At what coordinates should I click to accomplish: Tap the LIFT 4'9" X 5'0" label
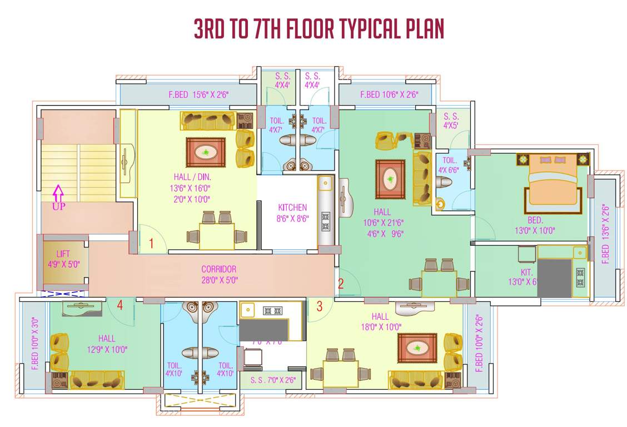(x=64, y=259)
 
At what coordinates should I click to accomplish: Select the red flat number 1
(x=151, y=243)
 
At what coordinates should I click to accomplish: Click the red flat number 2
(x=341, y=283)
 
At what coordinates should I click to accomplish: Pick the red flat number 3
(x=319, y=305)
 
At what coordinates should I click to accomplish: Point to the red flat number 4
(x=120, y=304)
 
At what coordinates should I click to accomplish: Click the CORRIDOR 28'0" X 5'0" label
(x=218, y=275)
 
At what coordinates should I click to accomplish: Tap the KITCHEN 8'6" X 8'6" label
(x=292, y=213)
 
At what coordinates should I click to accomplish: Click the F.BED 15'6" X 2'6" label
(x=198, y=95)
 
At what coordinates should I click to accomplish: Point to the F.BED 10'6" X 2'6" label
(x=389, y=95)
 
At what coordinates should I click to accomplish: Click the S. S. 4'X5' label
(x=451, y=121)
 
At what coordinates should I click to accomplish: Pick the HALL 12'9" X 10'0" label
(x=106, y=344)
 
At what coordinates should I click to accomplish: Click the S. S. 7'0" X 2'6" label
(x=272, y=381)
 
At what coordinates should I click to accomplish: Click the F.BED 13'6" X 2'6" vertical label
(x=605, y=234)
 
